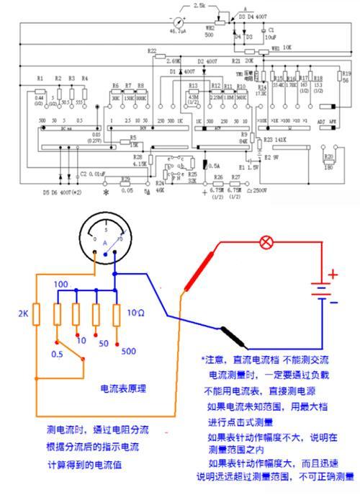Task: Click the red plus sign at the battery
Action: pyautogui.click(x=333, y=275)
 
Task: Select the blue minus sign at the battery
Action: pyautogui.click(x=333, y=301)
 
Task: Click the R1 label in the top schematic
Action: pyautogui.click(x=40, y=77)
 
